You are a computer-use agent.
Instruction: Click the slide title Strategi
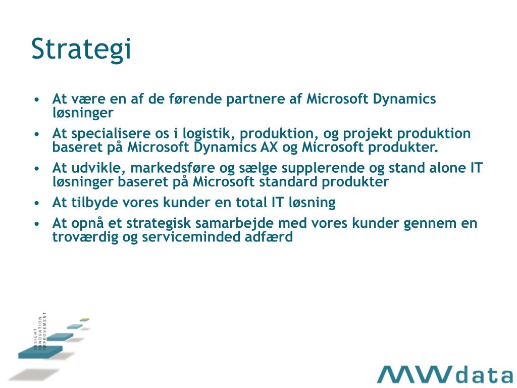[x=81, y=50]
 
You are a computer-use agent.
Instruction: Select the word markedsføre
[x=173, y=168]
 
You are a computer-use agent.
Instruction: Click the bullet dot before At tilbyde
[x=36, y=203]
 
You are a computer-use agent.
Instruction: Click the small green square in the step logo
[x=84, y=320]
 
